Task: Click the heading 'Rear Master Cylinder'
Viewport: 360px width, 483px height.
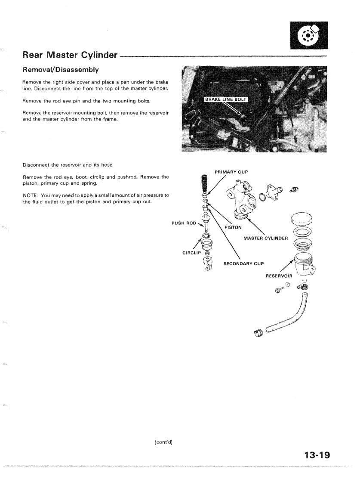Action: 70,55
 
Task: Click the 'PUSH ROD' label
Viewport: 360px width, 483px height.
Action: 184,223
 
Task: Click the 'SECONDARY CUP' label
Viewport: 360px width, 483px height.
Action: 243,263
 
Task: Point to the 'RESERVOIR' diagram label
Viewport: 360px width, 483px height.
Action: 279,276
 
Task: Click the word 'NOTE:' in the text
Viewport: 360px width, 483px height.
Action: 31,195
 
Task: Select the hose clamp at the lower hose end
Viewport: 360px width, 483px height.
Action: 258,334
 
